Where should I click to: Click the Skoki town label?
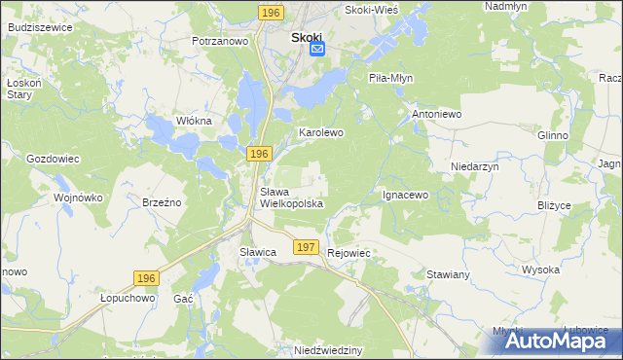[310, 39]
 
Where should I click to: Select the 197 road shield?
[306, 248]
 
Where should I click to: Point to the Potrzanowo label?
[221, 42]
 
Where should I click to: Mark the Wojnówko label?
[79, 198]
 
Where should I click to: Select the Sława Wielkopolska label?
[291, 198]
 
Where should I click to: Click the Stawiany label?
[448, 274]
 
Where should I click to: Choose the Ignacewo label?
[405, 195]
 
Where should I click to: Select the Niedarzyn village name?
[475, 167]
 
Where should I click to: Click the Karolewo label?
[321, 131]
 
